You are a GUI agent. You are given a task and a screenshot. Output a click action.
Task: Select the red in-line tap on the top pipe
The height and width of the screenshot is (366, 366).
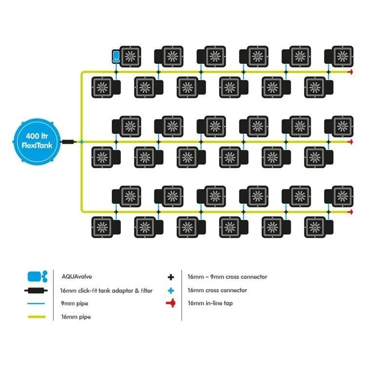[x=349, y=72]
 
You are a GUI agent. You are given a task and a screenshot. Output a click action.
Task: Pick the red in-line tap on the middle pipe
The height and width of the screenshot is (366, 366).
[x=349, y=142]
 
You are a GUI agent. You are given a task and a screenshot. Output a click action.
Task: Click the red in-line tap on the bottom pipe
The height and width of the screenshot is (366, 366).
[x=349, y=212]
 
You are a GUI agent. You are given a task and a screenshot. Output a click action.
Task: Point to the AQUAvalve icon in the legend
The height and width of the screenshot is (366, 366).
[x=38, y=277]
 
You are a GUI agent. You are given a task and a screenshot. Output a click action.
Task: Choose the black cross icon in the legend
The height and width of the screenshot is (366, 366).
[x=171, y=277]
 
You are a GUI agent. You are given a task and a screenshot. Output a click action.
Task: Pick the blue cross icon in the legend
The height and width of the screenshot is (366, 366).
[x=171, y=290]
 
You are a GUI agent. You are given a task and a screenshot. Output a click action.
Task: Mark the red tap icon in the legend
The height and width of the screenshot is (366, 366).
[x=171, y=304]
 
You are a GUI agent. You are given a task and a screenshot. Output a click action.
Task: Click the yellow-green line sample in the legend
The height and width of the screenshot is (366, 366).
[x=37, y=317]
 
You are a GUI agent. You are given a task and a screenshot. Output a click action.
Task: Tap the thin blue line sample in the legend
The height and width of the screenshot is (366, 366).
[x=37, y=304]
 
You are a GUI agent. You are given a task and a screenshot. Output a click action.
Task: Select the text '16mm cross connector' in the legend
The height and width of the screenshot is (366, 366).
[x=217, y=290]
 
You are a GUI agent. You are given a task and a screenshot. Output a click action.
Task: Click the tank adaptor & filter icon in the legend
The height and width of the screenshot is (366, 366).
[x=37, y=290]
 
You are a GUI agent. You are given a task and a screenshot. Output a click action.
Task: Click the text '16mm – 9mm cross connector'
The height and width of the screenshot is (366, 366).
[x=227, y=277]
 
